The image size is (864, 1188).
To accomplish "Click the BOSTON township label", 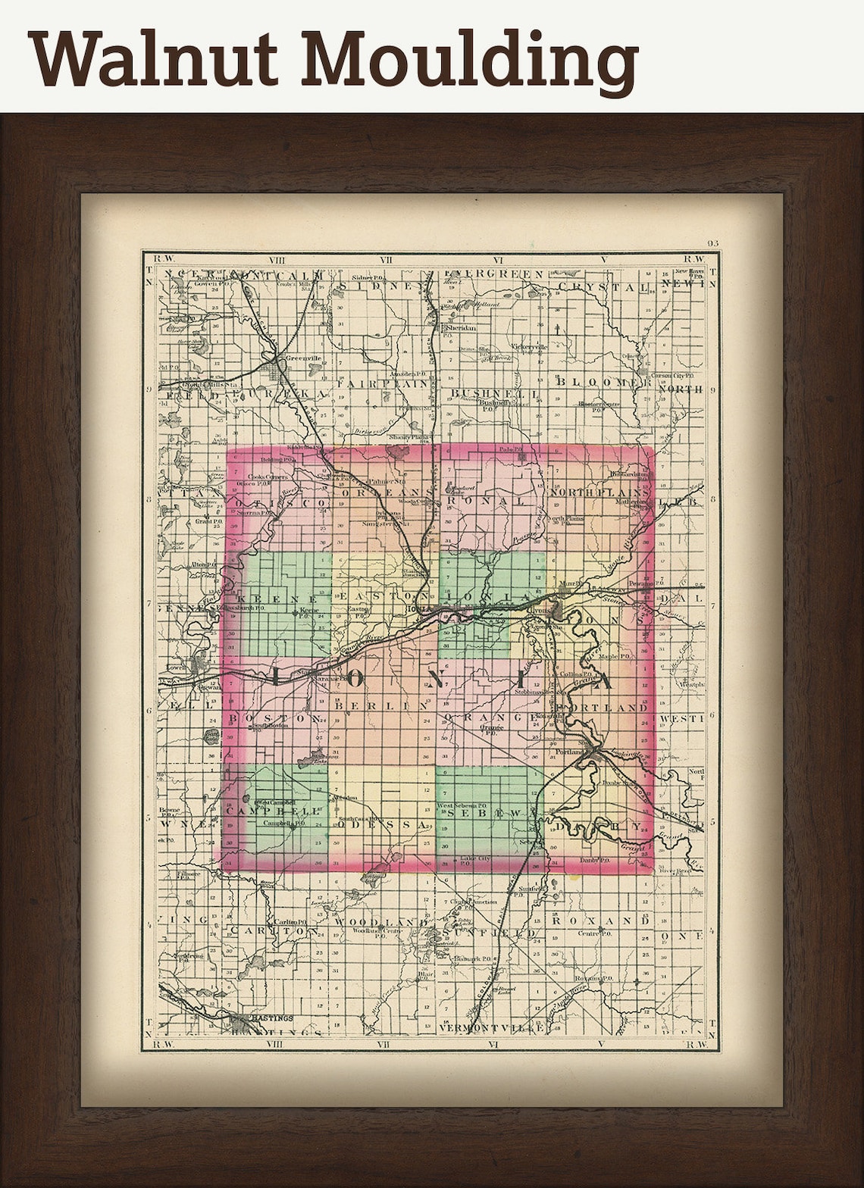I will click(274, 717).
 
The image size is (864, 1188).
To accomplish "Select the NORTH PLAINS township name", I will click(599, 492).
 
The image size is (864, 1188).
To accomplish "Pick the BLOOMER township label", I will click(603, 382).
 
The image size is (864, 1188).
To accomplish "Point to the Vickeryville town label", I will click(528, 346).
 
